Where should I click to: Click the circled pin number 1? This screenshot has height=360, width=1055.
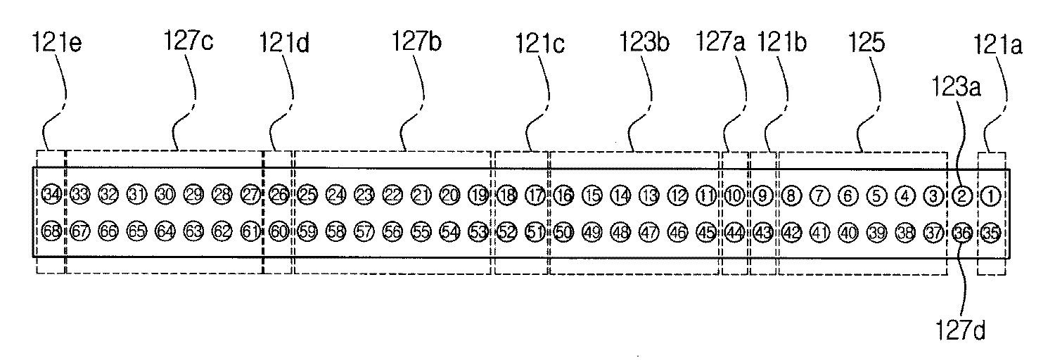point(990,195)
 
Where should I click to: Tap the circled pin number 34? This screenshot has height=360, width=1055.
point(52,193)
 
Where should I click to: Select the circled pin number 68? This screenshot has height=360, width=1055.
point(52,231)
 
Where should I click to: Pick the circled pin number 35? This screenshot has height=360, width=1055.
point(991,233)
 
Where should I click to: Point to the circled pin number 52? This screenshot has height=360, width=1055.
point(507,232)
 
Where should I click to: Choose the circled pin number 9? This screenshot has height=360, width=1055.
point(763,195)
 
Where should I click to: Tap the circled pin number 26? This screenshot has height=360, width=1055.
point(279,194)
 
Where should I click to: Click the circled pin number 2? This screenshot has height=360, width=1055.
point(962,195)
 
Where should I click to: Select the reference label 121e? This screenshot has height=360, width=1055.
point(57,43)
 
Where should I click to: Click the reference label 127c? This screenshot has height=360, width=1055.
point(188,41)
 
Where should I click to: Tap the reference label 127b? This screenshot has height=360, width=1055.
point(417,41)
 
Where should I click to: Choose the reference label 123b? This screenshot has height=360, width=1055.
point(644,42)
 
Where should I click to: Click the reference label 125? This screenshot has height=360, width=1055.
point(867,42)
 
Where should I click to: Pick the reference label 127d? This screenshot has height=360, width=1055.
point(961,330)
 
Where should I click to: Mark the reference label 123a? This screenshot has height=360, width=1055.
point(957,87)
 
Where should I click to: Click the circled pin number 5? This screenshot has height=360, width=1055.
point(876,195)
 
